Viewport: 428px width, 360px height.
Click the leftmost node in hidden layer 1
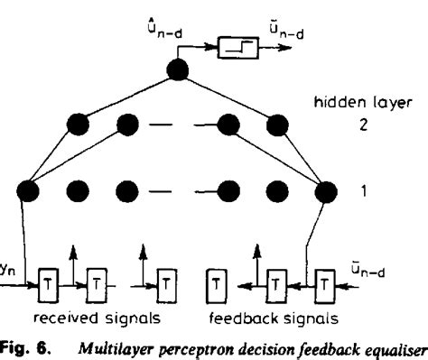(x=30, y=191)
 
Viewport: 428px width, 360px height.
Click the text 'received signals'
(x=93, y=319)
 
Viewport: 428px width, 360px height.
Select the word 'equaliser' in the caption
(x=390, y=346)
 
